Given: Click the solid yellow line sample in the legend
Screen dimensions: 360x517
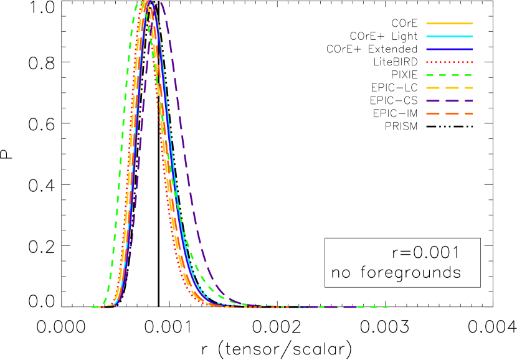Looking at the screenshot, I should tap(449, 24).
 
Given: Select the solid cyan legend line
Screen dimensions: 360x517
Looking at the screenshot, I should tap(449, 37).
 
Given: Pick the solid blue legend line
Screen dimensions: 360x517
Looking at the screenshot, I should tap(449, 49).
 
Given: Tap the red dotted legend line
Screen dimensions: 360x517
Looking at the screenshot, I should tap(449, 62).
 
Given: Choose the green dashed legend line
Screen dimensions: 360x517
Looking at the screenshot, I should tap(449, 75).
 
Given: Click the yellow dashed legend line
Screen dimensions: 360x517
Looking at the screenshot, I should tap(449, 88).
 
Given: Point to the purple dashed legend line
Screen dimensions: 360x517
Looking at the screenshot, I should tap(449, 101).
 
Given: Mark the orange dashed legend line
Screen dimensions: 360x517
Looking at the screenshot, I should tap(449, 114).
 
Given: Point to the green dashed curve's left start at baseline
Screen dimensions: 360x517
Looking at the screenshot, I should tap(94, 307).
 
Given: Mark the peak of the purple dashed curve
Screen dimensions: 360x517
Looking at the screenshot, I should tap(159, 4).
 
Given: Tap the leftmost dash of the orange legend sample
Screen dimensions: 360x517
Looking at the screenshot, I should tap(433, 114).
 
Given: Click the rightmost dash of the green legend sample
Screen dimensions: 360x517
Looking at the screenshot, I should tap(468, 75).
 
